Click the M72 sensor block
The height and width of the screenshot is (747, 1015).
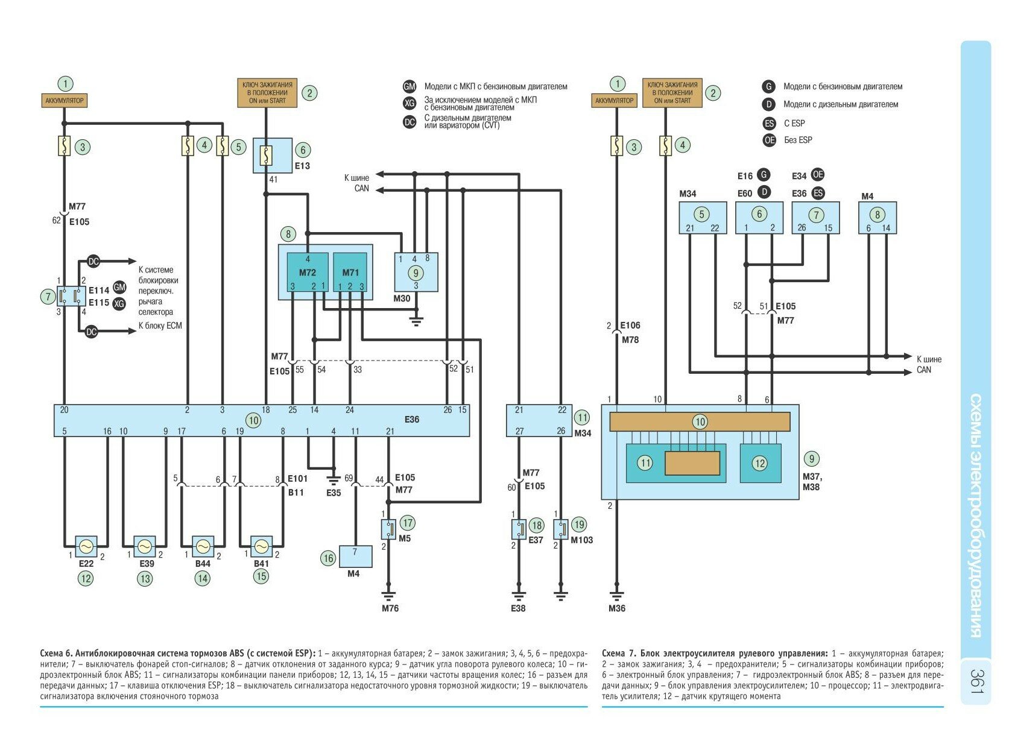pyautogui.click(x=307, y=273)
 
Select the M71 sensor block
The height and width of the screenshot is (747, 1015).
pyautogui.click(x=350, y=273)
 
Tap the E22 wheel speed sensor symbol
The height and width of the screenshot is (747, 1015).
pyautogui.click(x=86, y=546)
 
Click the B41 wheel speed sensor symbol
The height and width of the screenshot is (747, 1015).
pyautogui.click(x=261, y=546)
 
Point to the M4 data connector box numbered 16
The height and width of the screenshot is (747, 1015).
pyautogui.click(x=355, y=556)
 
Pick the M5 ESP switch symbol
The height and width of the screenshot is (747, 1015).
pyautogui.click(x=388, y=529)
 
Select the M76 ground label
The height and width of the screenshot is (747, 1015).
pyautogui.click(x=390, y=608)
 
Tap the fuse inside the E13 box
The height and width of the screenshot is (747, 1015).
pyautogui.click(x=266, y=156)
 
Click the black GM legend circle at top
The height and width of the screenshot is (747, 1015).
pyautogui.click(x=409, y=87)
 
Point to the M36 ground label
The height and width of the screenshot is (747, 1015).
pyautogui.click(x=617, y=608)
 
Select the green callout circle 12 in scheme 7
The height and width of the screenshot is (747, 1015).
pyautogui.click(x=759, y=463)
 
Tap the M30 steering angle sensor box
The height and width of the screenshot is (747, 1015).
pyautogui.click(x=416, y=273)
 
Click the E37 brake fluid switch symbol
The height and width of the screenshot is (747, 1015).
pyautogui.click(x=519, y=529)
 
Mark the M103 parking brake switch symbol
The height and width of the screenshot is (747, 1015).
pyautogui.click(x=561, y=529)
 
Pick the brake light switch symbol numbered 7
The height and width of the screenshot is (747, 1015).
pyautogui.click(x=71, y=296)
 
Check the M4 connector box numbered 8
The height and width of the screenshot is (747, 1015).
pyautogui.click(x=877, y=217)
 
